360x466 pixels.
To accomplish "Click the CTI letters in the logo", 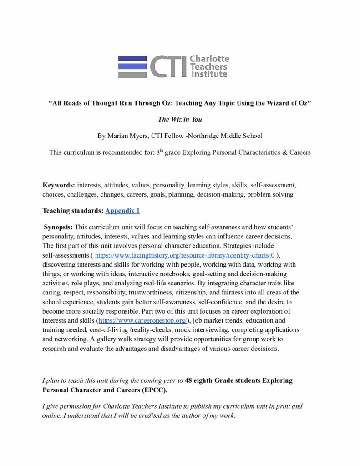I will click(x=167, y=67).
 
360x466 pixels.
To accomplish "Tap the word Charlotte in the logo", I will click(x=209, y=59).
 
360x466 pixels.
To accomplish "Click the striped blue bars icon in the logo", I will click(x=132, y=66).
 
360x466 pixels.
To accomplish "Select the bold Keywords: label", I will click(x=59, y=185).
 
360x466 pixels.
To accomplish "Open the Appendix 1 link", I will click(x=122, y=211).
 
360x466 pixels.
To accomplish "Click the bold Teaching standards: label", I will click(x=73, y=211).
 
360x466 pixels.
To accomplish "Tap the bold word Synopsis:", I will click(x=58, y=227).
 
